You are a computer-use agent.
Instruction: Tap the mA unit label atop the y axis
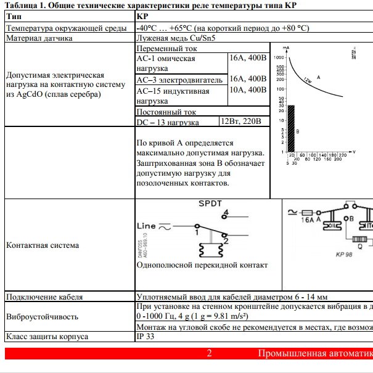286,47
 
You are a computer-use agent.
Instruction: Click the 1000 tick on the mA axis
279,57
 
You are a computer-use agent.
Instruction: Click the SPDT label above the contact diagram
210,203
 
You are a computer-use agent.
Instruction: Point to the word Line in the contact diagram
146,226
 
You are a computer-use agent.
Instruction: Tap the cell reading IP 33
146,337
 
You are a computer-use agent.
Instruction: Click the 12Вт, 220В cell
244,121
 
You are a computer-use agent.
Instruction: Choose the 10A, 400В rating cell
248,91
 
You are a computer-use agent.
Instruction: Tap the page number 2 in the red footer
209,354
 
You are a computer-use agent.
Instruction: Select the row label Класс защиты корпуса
47,337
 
